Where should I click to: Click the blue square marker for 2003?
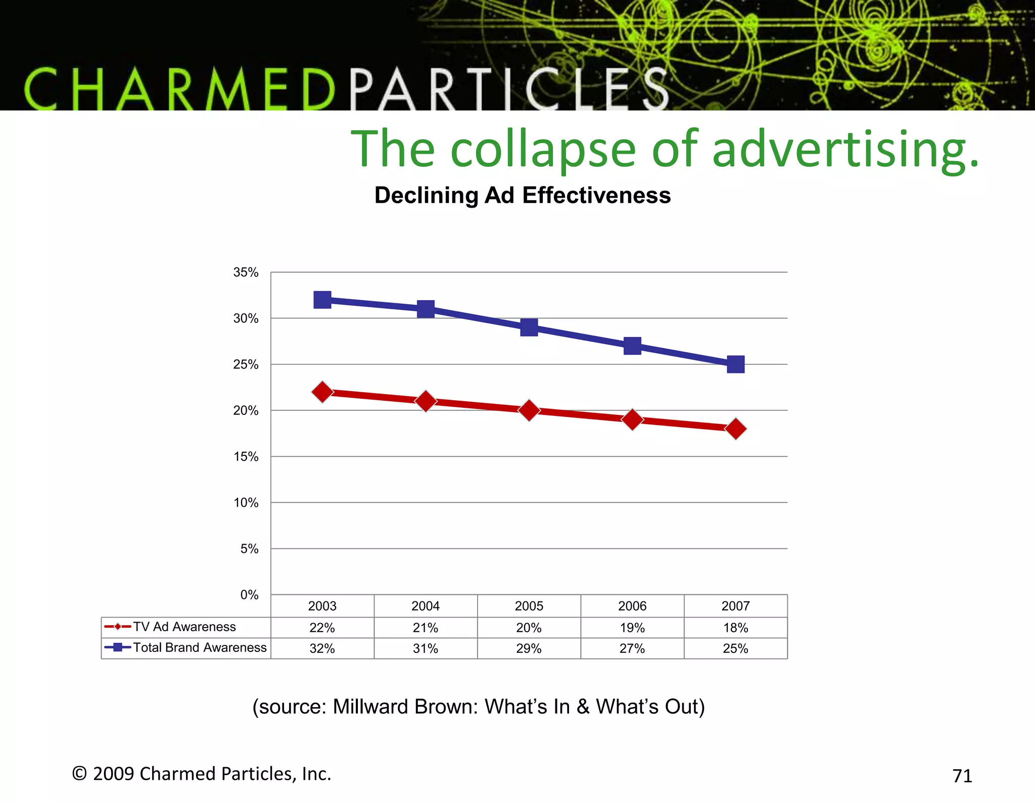tap(322, 300)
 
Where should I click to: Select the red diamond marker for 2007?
tap(735, 429)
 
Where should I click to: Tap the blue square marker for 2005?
tap(529, 327)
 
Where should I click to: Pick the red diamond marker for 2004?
tap(426, 401)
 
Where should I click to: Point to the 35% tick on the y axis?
tap(246, 272)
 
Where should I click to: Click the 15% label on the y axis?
tap(246, 457)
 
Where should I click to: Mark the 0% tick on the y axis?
tap(249, 595)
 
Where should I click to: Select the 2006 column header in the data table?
tap(632, 606)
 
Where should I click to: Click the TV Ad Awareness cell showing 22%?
tap(322, 628)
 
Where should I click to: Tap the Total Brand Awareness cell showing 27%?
tap(632, 648)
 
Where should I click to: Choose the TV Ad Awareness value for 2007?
tap(735, 628)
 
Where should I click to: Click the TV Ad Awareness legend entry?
tap(184, 627)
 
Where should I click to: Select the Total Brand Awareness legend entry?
tap(199, 647)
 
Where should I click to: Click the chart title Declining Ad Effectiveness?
tap(523, 195)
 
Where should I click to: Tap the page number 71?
tap(962, 776)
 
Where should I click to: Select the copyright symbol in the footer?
tap(79, 773)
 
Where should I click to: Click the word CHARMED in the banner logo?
tap(179, 89)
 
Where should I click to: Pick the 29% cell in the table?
tap(529, 648)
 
